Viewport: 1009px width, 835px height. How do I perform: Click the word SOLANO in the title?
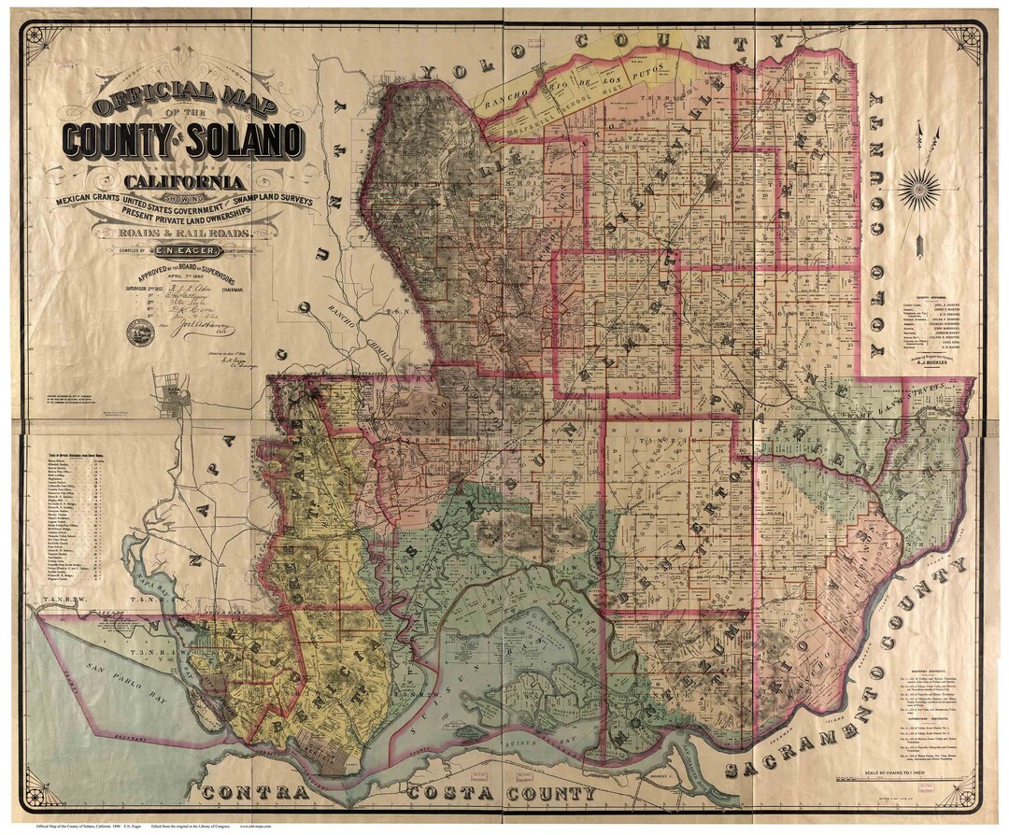point(245,140)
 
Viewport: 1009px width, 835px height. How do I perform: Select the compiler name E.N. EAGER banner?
point(193,249)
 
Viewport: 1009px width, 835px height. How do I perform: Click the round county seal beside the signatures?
point(140,331)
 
